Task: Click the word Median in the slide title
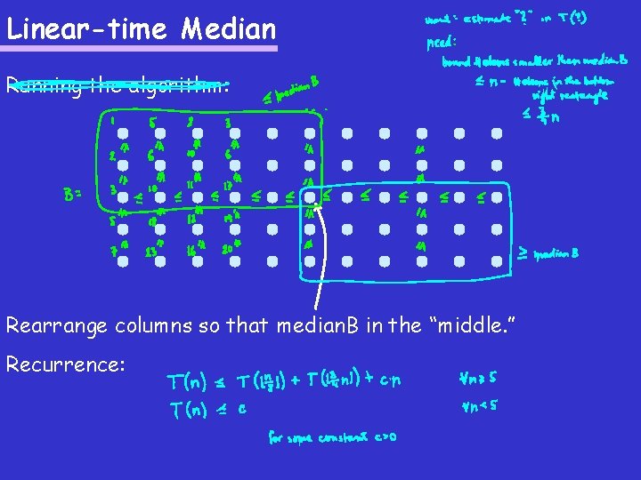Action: click(x=229, y=29)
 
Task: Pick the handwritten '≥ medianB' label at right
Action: click(x=549, y=253)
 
